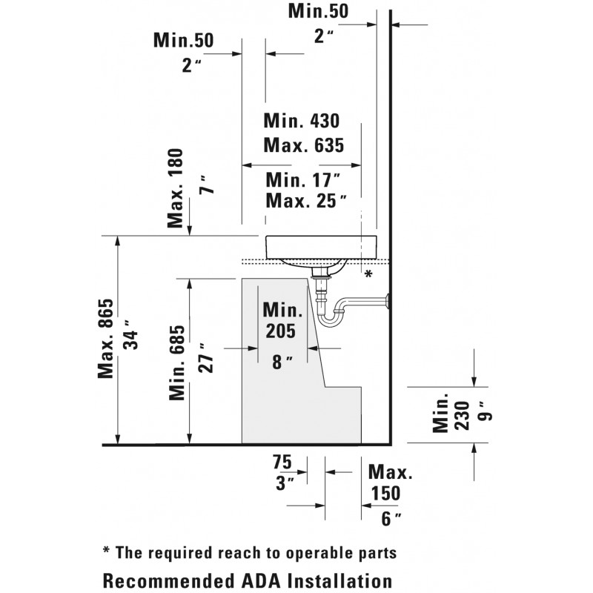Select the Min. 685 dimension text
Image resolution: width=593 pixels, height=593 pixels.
[x=176, y=362]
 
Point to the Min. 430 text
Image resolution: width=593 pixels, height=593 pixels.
[x=302, y=121]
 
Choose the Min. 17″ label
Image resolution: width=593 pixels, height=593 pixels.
[x=302, y=179]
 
